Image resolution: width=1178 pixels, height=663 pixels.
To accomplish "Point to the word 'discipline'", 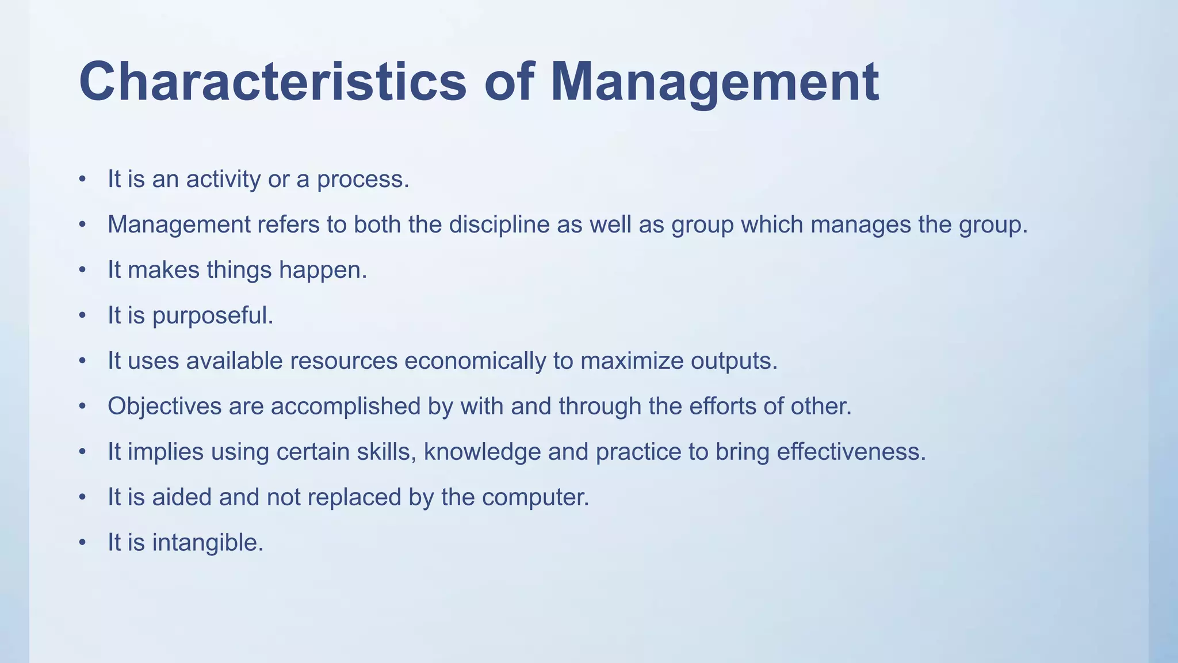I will [x=499, y=224].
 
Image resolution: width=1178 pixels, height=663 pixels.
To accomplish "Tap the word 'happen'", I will [x=322, y=270].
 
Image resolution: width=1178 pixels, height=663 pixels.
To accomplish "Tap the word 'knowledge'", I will [x=482, y=452].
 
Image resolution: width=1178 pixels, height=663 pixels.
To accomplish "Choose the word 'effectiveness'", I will [x=851, y=452].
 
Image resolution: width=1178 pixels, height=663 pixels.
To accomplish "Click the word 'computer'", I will [x=535, y=497].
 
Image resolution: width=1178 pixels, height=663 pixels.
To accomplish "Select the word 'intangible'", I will [x=207, y=543].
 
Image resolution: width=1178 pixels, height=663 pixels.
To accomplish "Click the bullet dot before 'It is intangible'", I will [x=83, y=543].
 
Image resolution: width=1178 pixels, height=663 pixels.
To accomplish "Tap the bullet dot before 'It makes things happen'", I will [x=83, y=270].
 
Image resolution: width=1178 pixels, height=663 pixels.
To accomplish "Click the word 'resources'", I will [x=343, y=361].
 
